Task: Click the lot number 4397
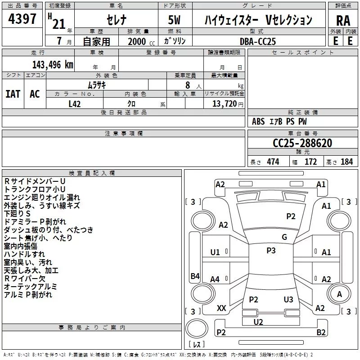[x=22, y=19]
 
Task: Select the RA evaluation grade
[x=343, y=21]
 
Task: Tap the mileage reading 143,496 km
[x=53, y=64]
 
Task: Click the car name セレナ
[x=116, y=20]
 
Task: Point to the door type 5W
[x=175, y=20]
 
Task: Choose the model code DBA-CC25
[x=258, y=41]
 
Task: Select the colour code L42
[x=75, y=103]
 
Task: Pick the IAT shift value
[x=13, y=94]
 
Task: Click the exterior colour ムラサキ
[x=96, y=85]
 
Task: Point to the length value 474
[x=273, y=162]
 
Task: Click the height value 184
[x=346, y=162]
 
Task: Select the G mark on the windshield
[x=284, y=237]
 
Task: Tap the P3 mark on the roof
[x=271, y=251]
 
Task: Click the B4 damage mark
[x=195, y=276]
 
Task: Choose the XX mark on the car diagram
[x=221, y=308]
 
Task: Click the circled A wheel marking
[x=339, y=294]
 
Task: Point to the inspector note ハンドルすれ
[x=21, y=254]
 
